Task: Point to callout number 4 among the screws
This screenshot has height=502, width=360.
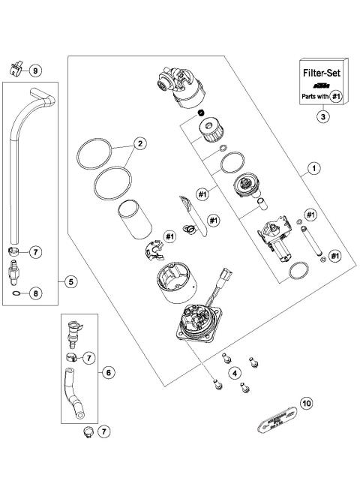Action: pyautogui.click(x=235, y=372)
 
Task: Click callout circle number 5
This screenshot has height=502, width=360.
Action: pyautogui.click(x=70, y=282)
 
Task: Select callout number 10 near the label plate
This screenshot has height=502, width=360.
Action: pyautogui.click(x=306, y=403)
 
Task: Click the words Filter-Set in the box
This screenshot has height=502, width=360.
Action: pyautogui.click(x=322, y=75)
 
